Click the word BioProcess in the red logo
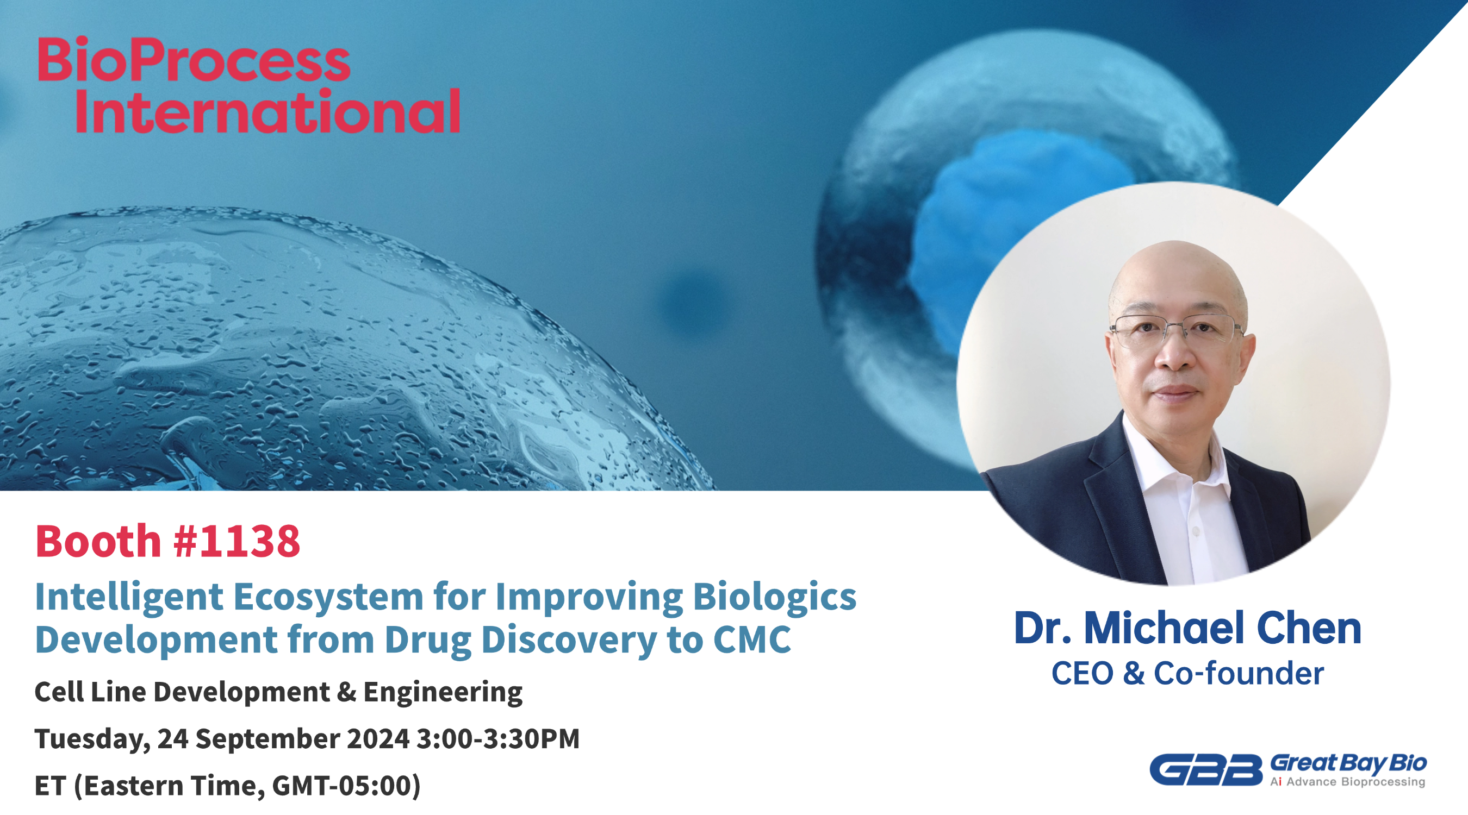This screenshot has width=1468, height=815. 194,59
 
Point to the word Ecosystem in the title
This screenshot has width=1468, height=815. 328,597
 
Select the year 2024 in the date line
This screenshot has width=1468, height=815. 378,739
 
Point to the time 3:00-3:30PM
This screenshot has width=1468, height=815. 498,739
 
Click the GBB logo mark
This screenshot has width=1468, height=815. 1206,769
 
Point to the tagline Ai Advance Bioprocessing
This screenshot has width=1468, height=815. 1348,782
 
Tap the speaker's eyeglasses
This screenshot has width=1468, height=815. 1176,330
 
